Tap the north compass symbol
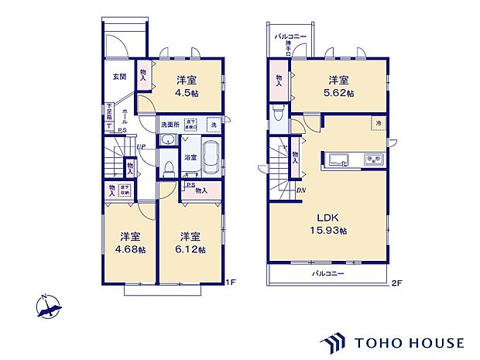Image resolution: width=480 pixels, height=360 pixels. point(49,309)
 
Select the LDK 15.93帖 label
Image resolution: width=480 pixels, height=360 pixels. point(328,225)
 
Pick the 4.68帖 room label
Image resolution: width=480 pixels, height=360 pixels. point(124,243)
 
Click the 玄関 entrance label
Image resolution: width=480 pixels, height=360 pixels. point(119,77)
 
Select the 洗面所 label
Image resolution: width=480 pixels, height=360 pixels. point(170,124)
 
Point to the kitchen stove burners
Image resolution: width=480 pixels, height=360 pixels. point(372,160)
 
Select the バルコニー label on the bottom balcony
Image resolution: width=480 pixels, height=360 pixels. point(328,273)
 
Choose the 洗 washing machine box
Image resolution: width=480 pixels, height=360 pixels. point(213,124)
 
